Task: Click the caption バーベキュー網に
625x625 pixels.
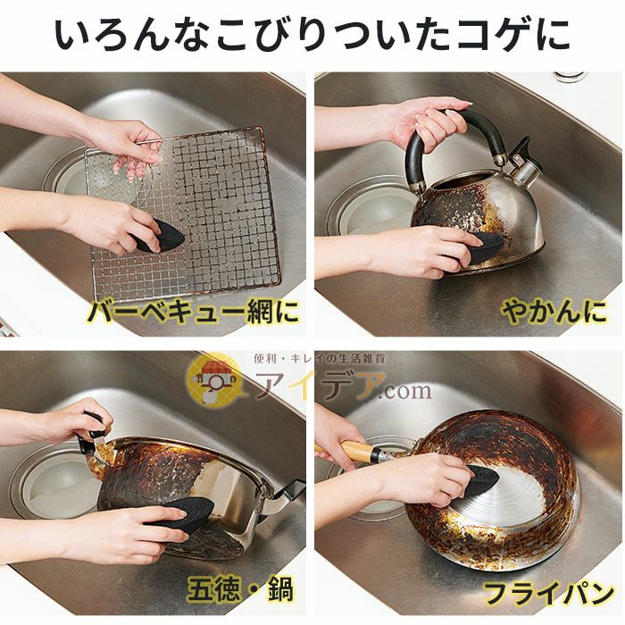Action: [x=193, y=312]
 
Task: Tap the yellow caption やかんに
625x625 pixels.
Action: [x=554, y=312]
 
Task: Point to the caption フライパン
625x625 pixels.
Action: [x=548, y=593]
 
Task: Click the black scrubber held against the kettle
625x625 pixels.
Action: [x=487, y=247]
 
